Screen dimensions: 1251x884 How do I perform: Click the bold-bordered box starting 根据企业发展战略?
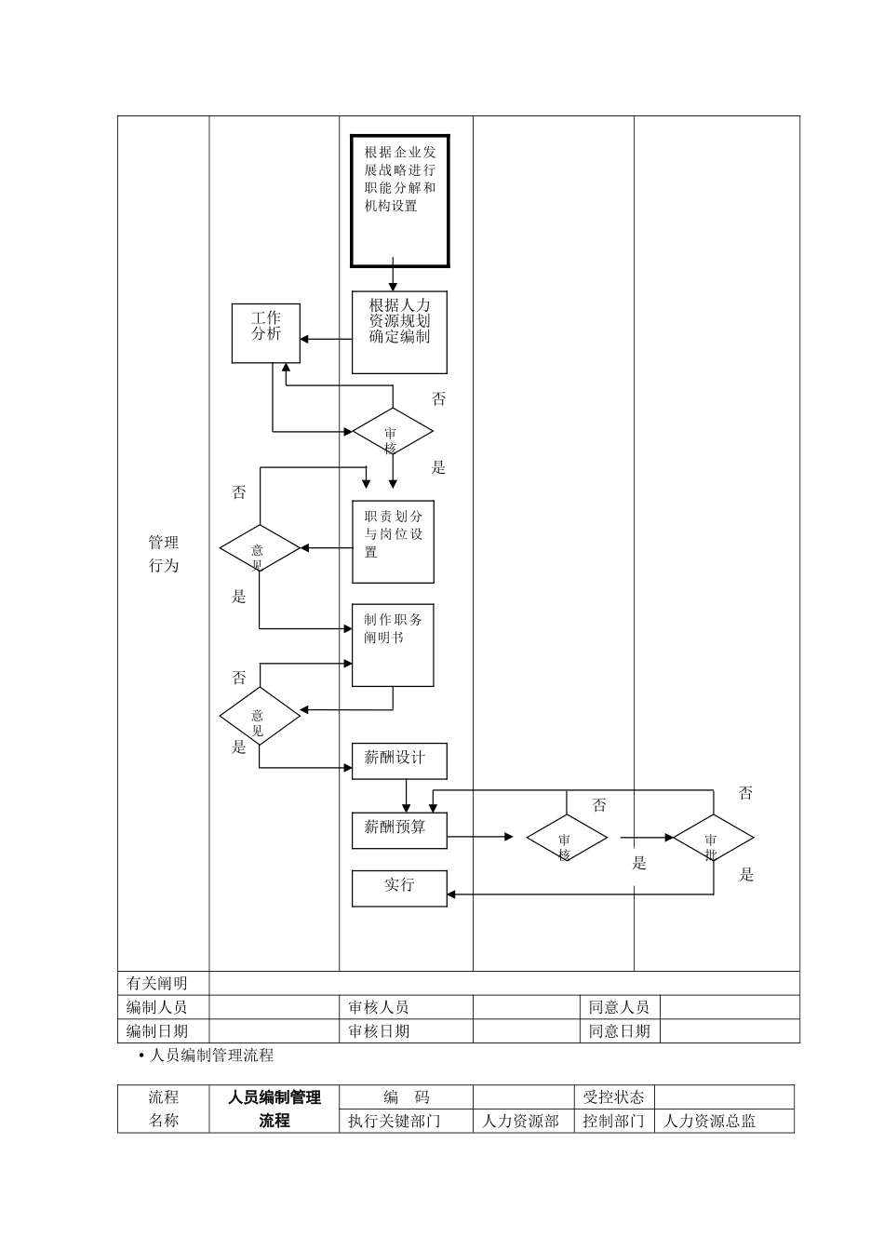tap(400, 201)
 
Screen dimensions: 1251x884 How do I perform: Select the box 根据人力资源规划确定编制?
tap(399, 332)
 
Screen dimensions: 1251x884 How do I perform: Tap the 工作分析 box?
tap(266, 333)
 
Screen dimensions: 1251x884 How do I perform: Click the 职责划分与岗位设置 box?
tap(393, 542)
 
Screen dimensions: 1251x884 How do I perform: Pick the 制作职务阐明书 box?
tap(393, 645)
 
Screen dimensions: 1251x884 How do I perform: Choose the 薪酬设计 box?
tap(399, 760)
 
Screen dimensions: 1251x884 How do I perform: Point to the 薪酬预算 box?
tap(399, 830)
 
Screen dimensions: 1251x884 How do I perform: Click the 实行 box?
tap(399, 888)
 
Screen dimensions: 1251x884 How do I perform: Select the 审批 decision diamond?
tap(713, 839)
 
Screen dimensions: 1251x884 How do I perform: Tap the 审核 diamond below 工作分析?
tap(392, 432)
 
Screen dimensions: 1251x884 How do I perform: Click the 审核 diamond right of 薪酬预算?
tap(567, 839)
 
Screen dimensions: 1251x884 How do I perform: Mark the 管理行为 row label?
tap(164, 554)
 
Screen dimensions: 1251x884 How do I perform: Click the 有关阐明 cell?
tap(157, 983)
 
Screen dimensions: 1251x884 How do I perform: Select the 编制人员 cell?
tap(157, 1007)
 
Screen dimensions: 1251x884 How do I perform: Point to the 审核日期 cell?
tap(379, 1031)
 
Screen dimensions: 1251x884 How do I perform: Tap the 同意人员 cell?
tap(619, 1007)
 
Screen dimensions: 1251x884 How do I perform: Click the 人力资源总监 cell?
tap(709, 1122)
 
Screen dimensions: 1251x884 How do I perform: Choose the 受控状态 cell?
tap(613, 1097)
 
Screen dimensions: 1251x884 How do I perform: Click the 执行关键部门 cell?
tap(395, 1122)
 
